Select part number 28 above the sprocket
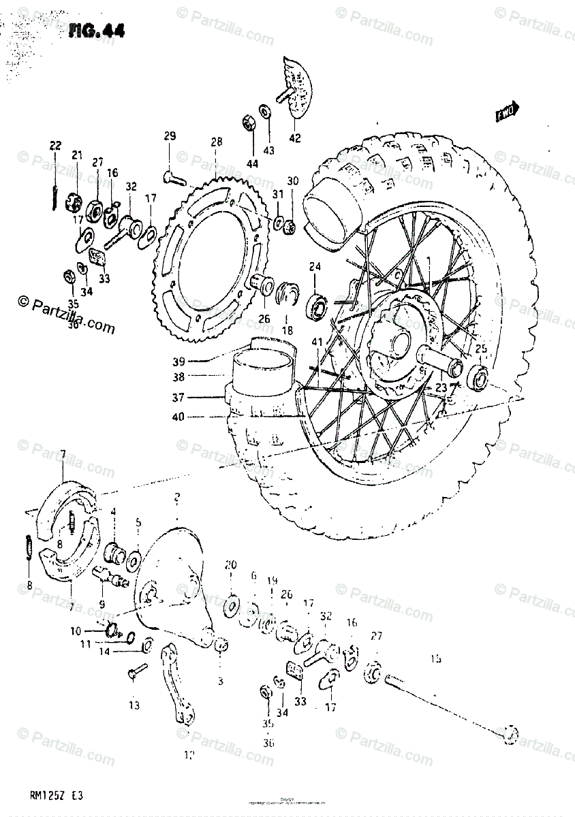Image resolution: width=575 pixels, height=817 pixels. (x=216, y=142)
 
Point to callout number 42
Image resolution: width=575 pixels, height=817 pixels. (x=294, y=138)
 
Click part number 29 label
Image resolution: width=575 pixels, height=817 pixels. (x=170, y=136)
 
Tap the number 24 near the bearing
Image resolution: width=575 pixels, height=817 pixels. (x=315, y=266)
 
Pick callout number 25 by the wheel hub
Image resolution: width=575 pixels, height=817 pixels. (x=481, y=350)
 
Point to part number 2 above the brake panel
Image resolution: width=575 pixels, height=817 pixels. (x=176, y=498)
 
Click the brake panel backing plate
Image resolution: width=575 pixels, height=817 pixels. (x=174, y=592)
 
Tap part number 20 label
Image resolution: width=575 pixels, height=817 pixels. (x=230, y=564)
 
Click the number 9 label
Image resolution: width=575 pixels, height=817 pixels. (x=102, y=603)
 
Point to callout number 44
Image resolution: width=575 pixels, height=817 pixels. (x=253, y=163)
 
